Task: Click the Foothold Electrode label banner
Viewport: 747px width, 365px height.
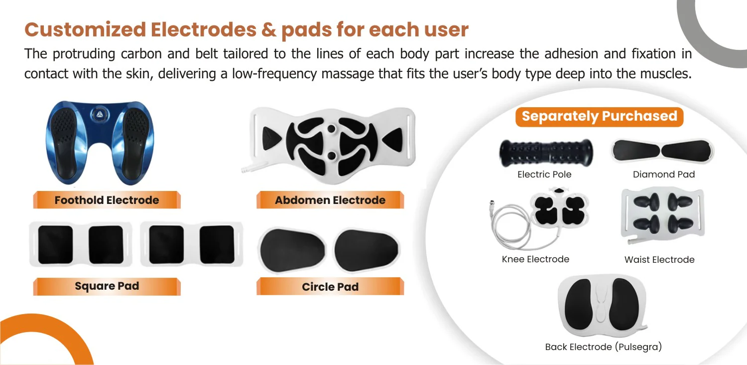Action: [107, 200]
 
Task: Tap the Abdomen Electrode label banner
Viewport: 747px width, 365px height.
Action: [330, 200]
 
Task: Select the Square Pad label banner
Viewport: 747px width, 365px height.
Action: [107, 286]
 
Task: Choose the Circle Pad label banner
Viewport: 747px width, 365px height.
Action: [330, 286]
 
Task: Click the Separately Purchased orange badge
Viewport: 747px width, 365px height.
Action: [599, 117]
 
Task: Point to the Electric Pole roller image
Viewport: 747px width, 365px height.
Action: [546, 153]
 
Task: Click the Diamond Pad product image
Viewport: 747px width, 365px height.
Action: [662, 151]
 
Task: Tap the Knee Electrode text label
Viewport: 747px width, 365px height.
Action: [535, 259]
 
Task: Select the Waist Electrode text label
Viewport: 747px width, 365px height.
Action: [659, 259]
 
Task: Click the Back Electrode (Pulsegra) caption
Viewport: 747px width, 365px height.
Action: [603, 347]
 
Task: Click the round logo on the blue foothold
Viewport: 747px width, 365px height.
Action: [100, 115]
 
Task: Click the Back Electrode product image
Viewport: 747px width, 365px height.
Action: [603, 305]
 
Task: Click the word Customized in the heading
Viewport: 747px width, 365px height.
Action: [85, 29]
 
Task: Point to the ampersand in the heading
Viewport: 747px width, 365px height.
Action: [269, 29]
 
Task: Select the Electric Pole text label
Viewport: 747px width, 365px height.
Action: [544, 175]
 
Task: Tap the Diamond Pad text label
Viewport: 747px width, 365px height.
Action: [664, 175]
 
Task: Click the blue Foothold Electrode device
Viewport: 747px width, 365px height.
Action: [100, 143]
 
